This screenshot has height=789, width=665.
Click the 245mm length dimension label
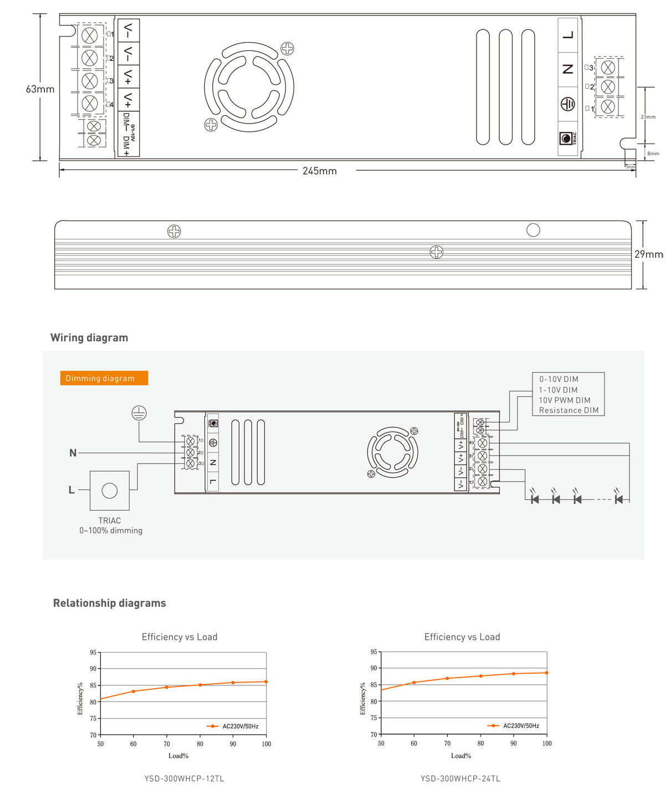319,171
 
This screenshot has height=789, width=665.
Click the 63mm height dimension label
40,89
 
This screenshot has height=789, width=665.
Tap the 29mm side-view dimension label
648,254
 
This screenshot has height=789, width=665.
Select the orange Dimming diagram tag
104,378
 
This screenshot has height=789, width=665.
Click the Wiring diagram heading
89,338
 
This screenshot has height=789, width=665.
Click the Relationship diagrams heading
109,603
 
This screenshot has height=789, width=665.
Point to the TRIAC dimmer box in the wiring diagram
110,491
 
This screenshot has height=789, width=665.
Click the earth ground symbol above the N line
139,413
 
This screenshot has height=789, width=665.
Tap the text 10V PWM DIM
564,400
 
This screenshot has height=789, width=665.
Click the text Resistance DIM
569,411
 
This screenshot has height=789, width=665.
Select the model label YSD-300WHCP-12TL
184,778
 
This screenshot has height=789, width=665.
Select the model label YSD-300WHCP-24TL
460,778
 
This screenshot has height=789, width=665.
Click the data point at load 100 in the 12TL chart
266,682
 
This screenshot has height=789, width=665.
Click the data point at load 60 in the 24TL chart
414,683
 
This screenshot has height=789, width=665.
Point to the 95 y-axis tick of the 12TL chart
93,653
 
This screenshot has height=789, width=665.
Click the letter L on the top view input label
567,35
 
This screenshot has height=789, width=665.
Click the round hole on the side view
533,230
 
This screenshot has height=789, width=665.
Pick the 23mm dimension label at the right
648,117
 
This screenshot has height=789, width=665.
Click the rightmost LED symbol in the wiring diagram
619,499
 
